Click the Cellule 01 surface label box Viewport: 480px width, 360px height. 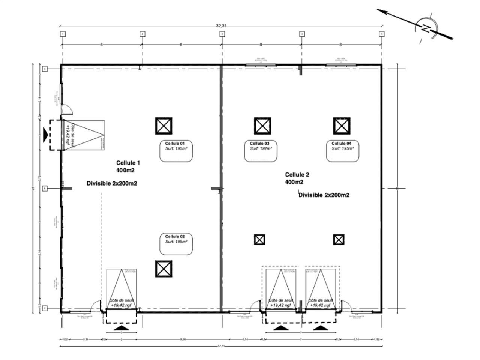coord(176,151)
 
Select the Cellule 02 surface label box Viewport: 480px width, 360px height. coord(176,244)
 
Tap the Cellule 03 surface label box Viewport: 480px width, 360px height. coord(261,151)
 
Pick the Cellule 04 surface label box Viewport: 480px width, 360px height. coord(342,151)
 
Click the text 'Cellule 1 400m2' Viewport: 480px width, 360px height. coord(128,166)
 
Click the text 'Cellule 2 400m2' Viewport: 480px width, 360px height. coord(297,178)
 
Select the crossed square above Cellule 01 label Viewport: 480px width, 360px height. coord(164,126)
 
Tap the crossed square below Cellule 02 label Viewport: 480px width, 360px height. coord(164,269)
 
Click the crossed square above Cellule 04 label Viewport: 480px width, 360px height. coord(342,126)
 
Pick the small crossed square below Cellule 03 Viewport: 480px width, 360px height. coord(259,240)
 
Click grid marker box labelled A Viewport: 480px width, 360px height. coord(45,69)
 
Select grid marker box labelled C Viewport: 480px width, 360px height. coord(45,308)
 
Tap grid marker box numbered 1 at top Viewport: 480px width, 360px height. coord(63,34)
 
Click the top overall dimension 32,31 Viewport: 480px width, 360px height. coord(221,26)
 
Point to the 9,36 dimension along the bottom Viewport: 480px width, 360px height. coord(183,339)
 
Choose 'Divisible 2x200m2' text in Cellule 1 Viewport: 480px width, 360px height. coord(112,184)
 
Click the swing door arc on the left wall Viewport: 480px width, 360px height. coord(68,109)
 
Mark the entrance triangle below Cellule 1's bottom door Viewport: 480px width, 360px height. coord(121,328)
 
